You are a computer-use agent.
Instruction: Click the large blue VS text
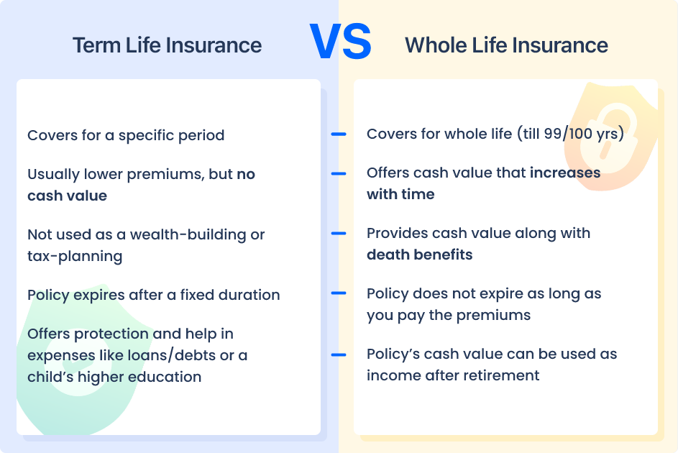pos(339,42)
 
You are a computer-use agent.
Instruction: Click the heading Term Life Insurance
pos(167,45)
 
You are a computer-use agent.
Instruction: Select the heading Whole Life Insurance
pos(506,45)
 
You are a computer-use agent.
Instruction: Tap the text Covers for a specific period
pos(126,135)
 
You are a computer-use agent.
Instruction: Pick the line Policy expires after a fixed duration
pos(153,295)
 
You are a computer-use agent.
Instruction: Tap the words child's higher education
pos(114,377)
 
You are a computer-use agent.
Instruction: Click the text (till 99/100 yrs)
pos(569,134)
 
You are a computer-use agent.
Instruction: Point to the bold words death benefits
pos(419,255)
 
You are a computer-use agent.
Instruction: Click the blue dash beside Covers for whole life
pos(338,134)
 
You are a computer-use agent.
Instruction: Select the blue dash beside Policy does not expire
pos(338,293)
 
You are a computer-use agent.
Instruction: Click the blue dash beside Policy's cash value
pos(338,354)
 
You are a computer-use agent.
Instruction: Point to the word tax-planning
pos(75,256)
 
